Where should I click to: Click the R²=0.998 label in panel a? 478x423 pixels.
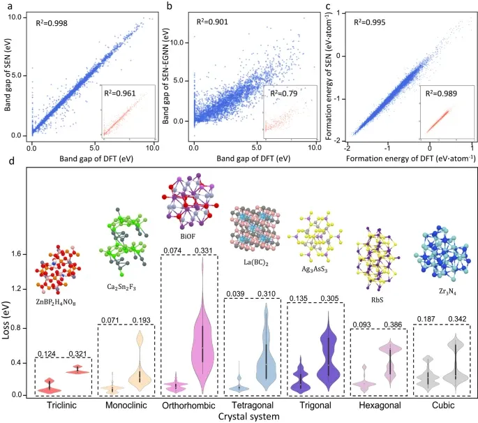pyautogui.click(x=52, y=22)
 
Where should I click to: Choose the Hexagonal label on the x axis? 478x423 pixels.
pyautogui.click(x=377, y=405)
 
